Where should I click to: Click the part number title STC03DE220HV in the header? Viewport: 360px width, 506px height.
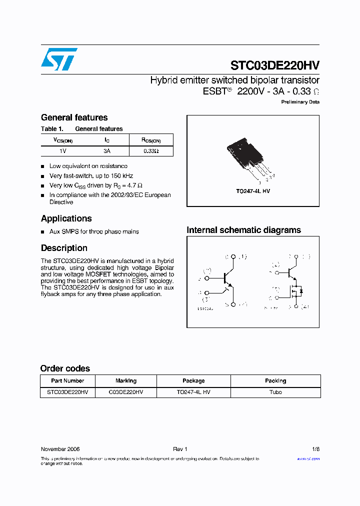pos(275,65)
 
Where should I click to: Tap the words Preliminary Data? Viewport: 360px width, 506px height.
pos(300,102)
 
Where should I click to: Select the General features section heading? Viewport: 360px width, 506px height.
pos(74,117)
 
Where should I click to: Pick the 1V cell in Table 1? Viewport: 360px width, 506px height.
pos(63,151)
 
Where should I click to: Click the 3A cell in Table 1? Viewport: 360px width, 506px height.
pos(107,151)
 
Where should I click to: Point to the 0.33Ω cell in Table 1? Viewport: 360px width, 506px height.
pos(151,151)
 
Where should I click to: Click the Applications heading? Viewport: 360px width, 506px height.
pos(66,218)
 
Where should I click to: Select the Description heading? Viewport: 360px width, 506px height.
pos(64,248)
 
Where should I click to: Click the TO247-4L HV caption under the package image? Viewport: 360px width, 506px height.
pos(253,191)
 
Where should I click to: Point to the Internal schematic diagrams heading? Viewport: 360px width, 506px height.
pos(243,230)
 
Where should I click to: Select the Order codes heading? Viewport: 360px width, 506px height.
pos(65,368)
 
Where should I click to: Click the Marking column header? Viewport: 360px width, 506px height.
pos(126,381)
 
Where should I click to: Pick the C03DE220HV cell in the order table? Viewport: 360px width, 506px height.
pos(126,392)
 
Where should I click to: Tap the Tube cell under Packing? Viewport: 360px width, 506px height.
pos(275,392)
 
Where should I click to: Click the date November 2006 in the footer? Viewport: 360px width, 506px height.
pos(60,449)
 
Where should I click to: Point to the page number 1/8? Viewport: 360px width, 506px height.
pos(315,449)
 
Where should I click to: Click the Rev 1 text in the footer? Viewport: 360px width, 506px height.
pos(180,449)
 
